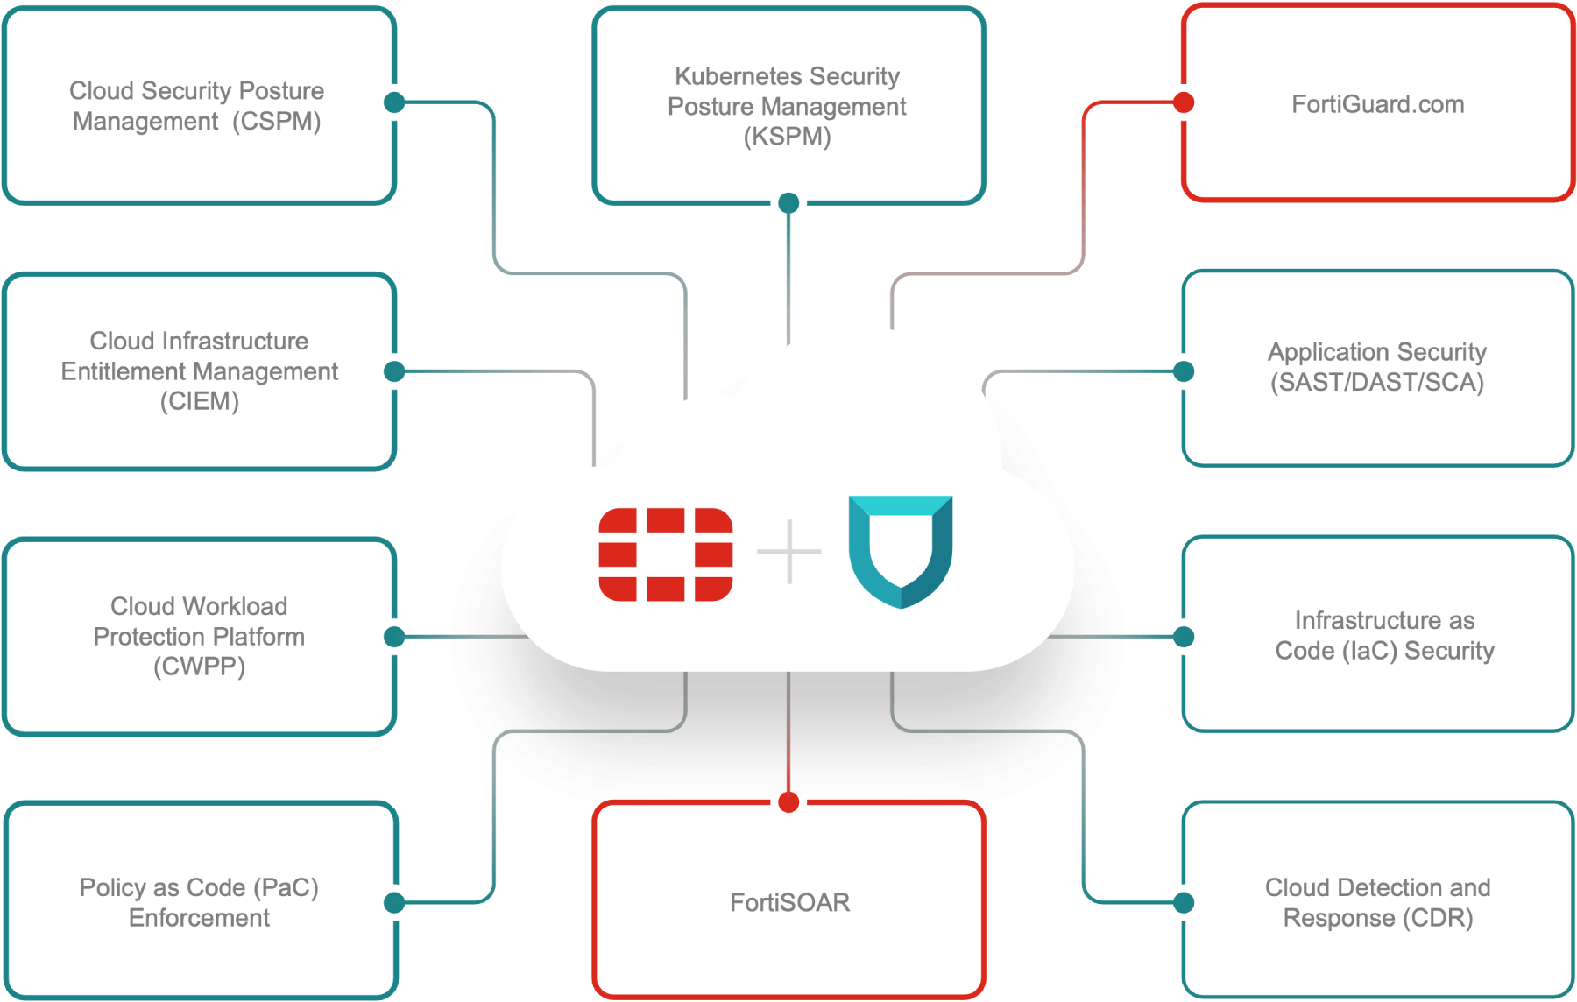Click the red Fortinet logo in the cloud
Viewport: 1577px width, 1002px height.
[x=666, y=554]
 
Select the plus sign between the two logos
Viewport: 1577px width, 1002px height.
[x=789, y=552]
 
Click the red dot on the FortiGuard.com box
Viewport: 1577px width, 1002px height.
[x=1184, y=102]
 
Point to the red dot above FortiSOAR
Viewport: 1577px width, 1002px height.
[x=788, y=801]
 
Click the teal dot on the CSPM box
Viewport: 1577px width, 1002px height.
[x=395, y=102]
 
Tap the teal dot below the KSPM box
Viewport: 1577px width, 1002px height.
[x=788, y=204]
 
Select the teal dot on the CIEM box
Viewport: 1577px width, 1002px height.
[x=395, y=371]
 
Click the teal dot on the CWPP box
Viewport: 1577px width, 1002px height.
[x=395, y=637]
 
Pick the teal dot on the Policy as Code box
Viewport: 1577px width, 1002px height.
[x=395, y=902]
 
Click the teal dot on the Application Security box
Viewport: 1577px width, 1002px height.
[x=1184, y=371]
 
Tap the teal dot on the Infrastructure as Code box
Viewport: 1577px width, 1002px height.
[x=1184, y=637]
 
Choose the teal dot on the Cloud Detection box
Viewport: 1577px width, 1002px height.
[x=1184, y=902]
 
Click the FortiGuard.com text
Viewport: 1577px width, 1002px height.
[x=1377, y=104]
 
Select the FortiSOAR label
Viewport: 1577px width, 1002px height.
[x=789, y=902]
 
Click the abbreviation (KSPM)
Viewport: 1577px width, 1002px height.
[x=787, y=137]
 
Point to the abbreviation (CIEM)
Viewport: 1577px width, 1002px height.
[x=199, y=401]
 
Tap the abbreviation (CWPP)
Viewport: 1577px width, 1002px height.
[x=199, y=667]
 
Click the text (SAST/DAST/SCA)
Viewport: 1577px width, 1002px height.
[x=1377, y=382]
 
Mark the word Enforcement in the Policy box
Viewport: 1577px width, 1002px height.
[x=199, y=918]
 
